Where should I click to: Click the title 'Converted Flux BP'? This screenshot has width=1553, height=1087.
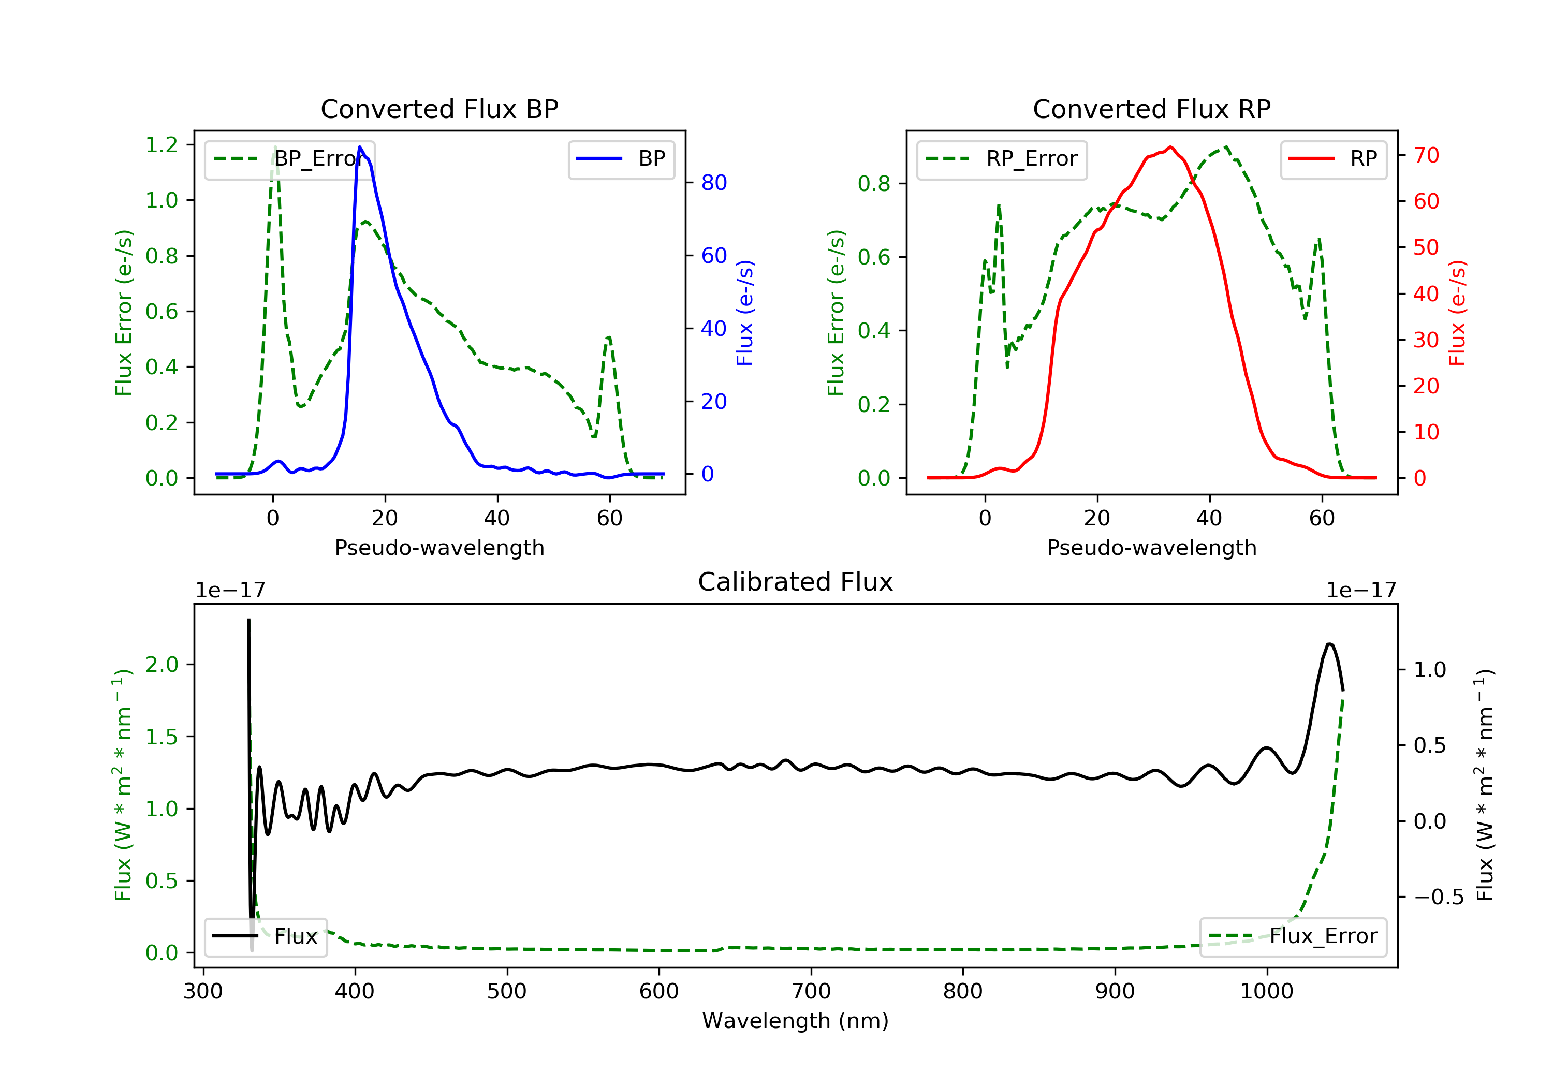pos(439,109)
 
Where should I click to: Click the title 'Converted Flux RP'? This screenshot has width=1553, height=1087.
pos(1152,109)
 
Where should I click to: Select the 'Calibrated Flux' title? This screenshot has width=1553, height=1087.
pos(796,582)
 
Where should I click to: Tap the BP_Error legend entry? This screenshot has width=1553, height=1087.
pos(289,159)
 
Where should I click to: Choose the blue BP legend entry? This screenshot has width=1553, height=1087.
pos(621,159)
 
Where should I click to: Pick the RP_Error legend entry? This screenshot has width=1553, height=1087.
pos(1002,159)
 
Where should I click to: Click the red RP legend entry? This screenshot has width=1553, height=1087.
pos(1333,159)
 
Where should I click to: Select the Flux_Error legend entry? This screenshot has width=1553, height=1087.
pos(1293,936)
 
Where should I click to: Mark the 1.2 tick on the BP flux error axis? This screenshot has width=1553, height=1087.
pos(162,145)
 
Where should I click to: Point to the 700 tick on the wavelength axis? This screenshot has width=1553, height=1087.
pos(811,992)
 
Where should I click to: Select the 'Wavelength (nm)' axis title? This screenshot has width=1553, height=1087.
pos(796,1021)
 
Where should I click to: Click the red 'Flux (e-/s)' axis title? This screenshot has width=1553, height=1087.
pos(1458,313)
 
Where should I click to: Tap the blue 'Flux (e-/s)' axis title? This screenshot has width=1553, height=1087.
pos(745,313)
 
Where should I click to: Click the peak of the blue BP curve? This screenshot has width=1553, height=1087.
pos(360,147)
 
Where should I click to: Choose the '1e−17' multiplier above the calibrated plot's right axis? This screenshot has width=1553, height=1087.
pos(1361,591)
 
